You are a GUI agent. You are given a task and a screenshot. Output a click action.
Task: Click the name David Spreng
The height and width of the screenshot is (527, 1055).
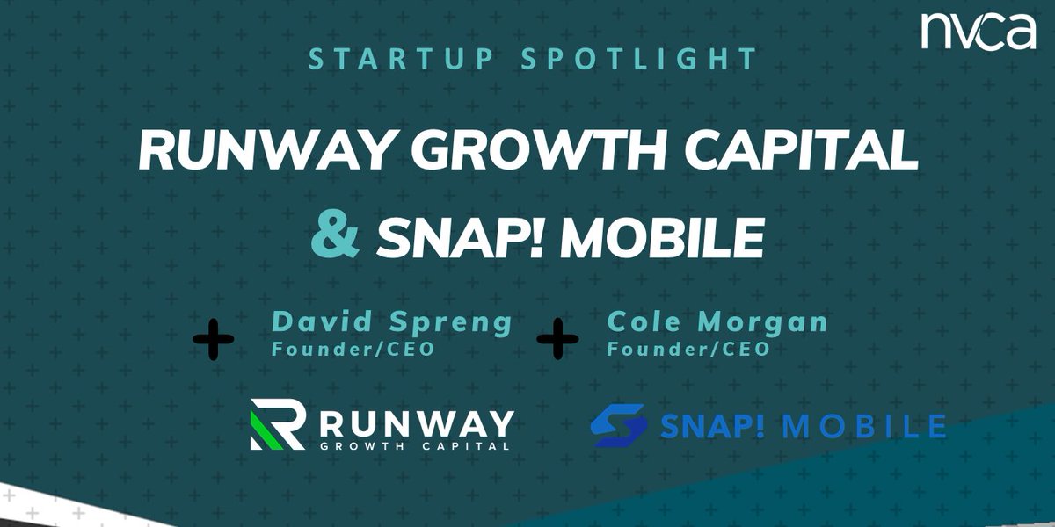(392, 322)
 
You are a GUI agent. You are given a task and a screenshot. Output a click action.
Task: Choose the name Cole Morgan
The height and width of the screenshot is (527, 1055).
(717, 322)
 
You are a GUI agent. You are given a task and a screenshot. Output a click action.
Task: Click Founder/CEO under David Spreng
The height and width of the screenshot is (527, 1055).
(353, 349)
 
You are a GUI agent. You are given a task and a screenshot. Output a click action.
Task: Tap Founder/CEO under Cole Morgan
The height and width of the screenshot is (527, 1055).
(688, 349)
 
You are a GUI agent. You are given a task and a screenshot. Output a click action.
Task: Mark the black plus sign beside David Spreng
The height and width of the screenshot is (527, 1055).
(213, 340)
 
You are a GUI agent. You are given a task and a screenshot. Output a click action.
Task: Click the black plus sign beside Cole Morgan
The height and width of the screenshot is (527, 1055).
(557, 340)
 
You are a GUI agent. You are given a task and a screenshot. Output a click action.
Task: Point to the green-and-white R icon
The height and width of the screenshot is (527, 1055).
(277, 425)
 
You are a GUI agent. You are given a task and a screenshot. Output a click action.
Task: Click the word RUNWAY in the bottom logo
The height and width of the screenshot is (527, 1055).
(415, 421)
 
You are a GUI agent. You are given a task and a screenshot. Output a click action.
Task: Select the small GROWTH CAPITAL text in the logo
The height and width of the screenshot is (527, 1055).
(415, 444)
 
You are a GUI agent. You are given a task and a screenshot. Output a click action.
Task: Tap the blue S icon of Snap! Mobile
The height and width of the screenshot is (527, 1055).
(619, 426)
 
